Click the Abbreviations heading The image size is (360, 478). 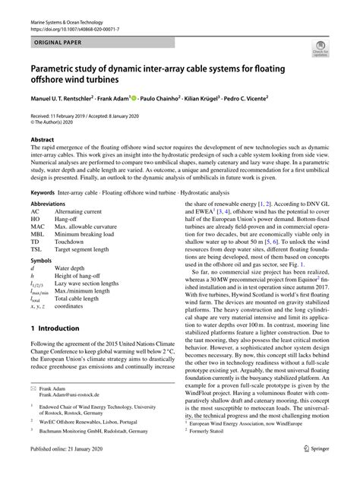tap(52, 206)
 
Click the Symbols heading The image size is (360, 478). tap(42, 262)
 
